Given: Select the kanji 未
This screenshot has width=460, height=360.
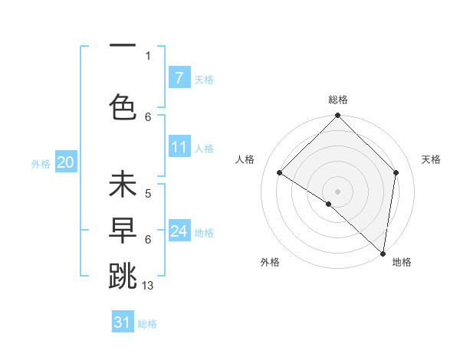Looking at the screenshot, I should (x=123, y=186).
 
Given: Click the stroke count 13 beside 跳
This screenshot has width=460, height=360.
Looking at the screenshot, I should (x=149, y=286).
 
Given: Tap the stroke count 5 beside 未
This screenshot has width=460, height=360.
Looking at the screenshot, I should (x=148, y=195).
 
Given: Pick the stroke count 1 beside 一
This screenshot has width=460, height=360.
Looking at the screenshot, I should (x=148, y=55).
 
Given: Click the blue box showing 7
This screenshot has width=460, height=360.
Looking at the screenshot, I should (x=179, y=78).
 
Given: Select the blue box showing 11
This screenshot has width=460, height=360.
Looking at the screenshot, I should (x=179, y=147).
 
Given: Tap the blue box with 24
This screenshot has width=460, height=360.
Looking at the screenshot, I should (x=179, y=231).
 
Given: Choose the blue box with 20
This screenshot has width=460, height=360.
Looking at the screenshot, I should (x=65, y=162).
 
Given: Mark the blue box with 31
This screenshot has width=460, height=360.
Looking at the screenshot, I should (x=123, y=322).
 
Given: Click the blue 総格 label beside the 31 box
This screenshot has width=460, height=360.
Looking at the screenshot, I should (x=147, y=324).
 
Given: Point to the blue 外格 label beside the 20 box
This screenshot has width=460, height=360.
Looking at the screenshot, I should (x=41, y=163).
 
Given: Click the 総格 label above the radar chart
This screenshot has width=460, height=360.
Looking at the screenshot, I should (x=337, y=100).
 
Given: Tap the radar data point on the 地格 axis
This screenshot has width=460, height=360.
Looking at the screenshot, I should (x=383, y=253).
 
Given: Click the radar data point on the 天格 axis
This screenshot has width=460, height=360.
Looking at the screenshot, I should (x=396, y=172).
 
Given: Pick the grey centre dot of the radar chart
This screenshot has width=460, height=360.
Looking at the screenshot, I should (x=337, y=191).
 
